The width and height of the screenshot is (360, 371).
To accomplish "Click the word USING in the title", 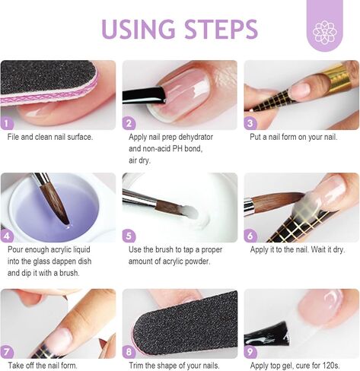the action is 139,29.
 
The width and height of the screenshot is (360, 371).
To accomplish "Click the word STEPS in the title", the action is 221,29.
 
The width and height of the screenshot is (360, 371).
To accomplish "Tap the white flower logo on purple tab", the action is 325,33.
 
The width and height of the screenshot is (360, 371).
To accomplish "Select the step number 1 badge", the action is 7,124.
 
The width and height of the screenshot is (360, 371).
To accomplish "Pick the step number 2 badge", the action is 129,124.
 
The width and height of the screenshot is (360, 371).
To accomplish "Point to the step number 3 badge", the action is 250,124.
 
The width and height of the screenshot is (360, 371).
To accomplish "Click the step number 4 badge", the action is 7,236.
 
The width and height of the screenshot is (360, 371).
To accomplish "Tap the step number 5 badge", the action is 129,236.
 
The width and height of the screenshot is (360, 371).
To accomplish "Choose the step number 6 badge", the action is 250,236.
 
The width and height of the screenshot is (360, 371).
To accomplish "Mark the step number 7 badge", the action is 7,352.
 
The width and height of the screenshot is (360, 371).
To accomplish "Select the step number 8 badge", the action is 129,352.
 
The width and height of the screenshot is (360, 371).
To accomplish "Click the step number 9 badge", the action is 250,352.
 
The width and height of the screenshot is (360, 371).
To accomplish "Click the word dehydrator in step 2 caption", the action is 196,137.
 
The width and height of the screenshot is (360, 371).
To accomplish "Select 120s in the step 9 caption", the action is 331,366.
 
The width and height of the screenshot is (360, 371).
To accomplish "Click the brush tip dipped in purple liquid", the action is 66,223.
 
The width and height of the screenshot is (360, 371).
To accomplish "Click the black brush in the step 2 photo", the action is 144,95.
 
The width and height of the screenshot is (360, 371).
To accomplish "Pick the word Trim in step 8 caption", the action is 136,366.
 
